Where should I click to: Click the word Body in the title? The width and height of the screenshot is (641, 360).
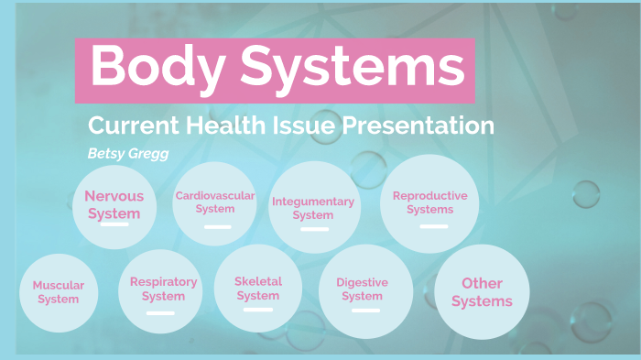point(155,66)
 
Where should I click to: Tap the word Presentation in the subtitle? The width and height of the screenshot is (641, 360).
point(418,125)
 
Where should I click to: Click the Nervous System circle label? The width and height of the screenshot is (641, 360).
point(114,204)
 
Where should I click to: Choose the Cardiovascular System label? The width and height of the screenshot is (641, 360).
point(215,202)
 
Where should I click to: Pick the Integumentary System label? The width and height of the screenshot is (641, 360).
point(313,208)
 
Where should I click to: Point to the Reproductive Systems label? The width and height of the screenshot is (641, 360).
point(429,202)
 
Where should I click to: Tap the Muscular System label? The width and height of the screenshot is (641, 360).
point(59,292)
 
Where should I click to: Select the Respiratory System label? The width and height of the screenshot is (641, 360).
point(163,289)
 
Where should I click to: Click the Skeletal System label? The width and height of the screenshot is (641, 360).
point(258,288)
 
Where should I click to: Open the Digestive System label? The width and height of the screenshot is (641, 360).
point(362,289)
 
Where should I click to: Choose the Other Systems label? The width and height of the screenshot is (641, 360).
point(482,292)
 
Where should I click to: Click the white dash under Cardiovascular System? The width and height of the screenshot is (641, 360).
point(218,226)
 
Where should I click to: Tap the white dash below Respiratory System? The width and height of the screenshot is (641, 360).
point(160,313)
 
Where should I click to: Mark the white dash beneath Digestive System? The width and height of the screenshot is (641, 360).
point(366,311)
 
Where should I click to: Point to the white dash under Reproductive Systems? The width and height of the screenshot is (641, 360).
point(434,225)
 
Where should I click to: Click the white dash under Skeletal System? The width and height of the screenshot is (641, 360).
point(258,310)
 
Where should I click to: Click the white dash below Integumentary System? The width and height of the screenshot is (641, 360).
point(314,229)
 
